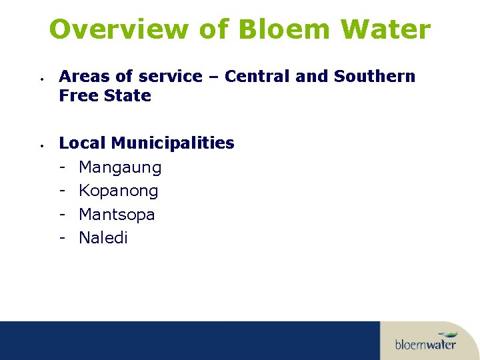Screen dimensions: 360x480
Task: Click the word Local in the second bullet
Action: coord(83,143)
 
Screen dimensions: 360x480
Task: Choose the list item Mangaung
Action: coord(120,168)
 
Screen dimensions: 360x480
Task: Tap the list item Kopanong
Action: coord(118,191)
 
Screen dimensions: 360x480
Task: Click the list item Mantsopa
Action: coord(117,215)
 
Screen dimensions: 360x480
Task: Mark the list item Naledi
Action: coord(103,238)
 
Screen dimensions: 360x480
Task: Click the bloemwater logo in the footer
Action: coord(425,342)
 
